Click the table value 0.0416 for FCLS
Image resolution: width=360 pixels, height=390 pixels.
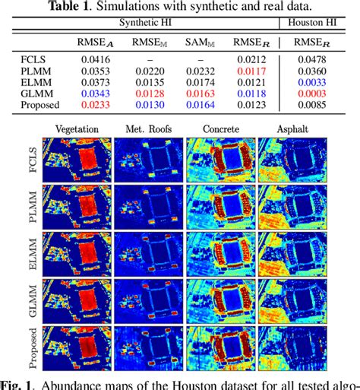tap(86, 59)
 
